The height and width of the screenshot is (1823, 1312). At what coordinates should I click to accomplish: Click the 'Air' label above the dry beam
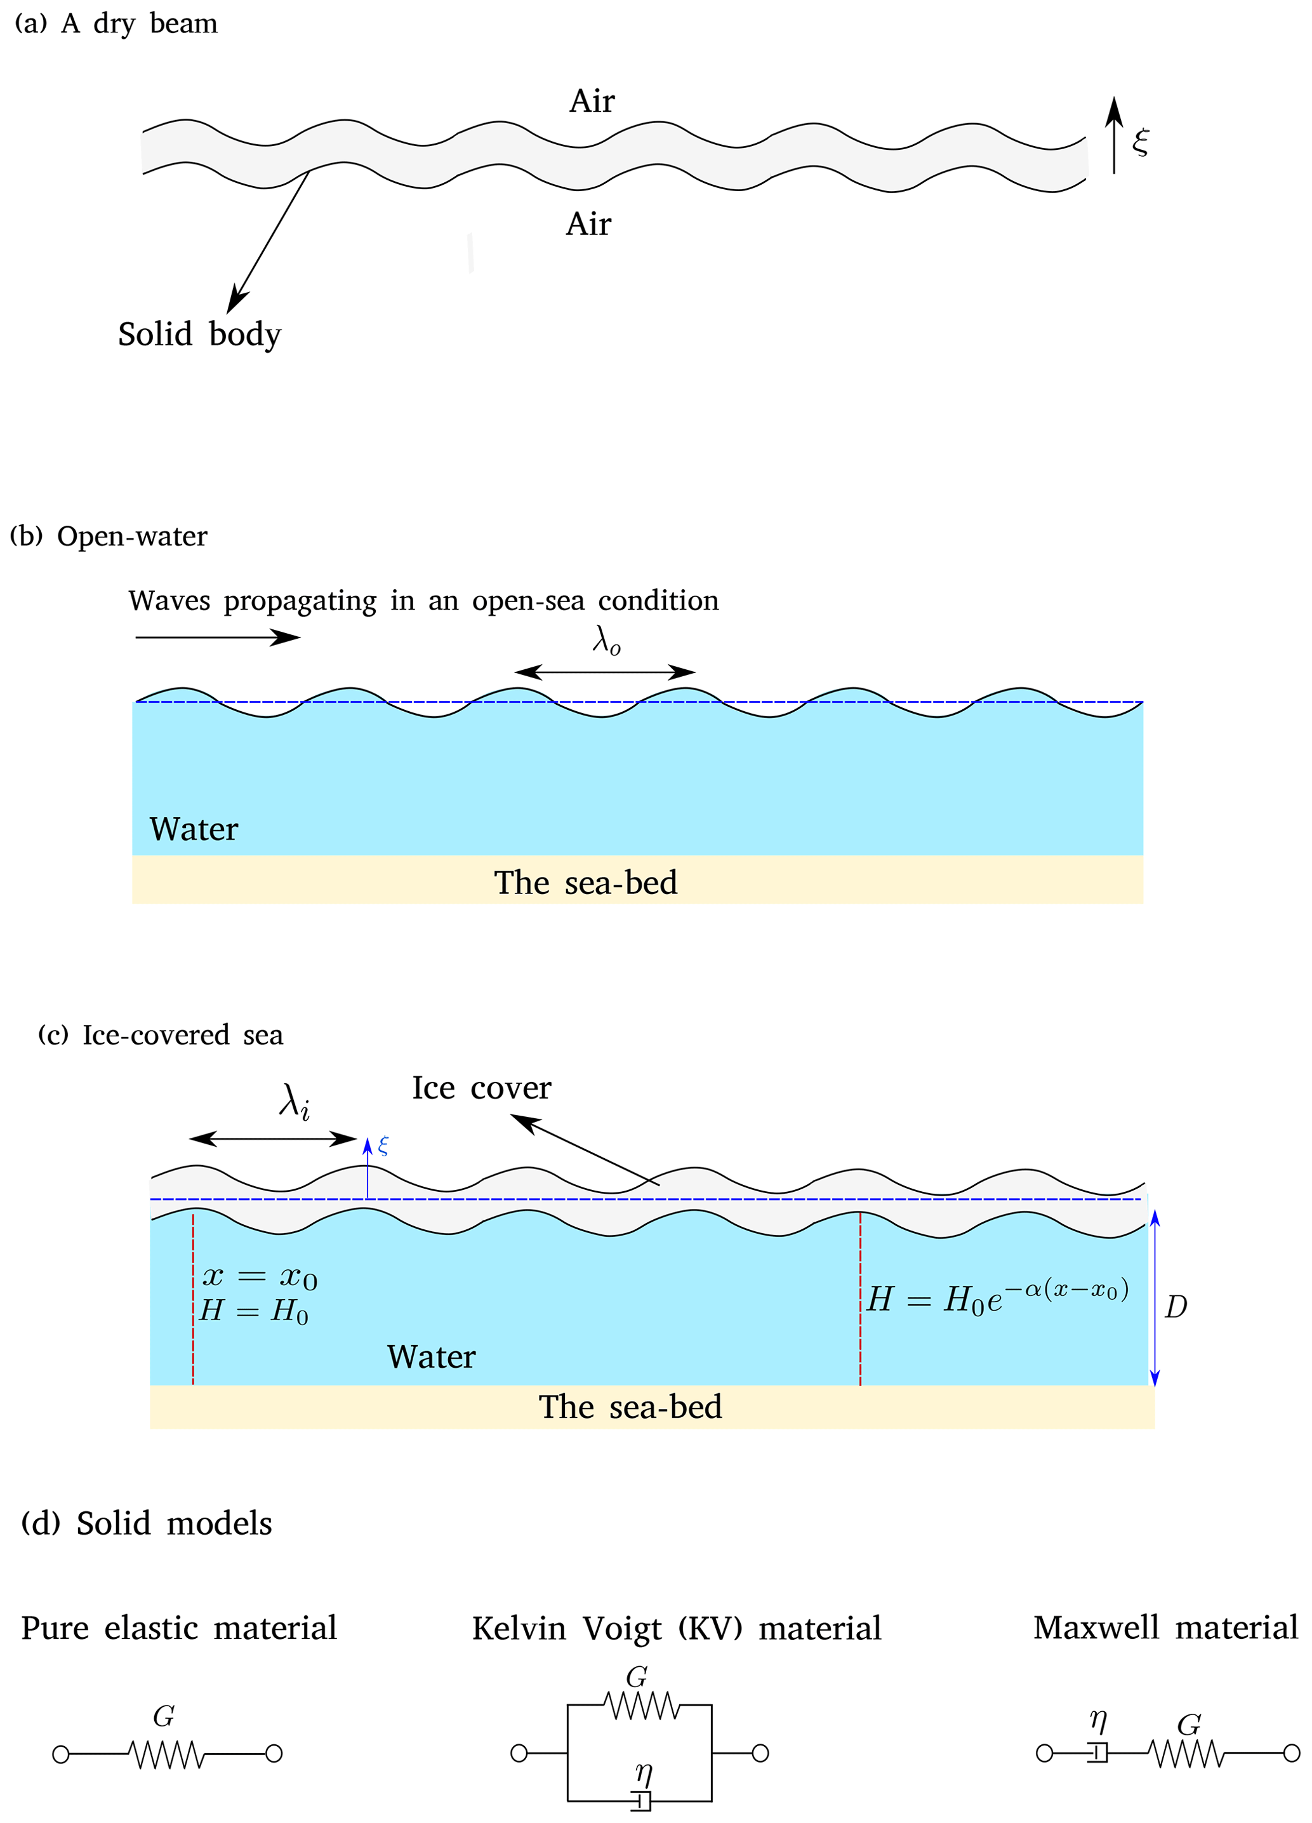click(592, 102)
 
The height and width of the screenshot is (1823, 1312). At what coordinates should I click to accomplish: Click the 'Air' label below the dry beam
click(588, 224)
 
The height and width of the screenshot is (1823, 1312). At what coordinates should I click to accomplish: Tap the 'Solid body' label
click(199, 335)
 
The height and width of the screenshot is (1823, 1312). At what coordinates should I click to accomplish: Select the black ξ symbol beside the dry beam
click(1140, 142)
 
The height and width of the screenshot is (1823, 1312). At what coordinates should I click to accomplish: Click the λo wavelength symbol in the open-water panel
click(607, 641)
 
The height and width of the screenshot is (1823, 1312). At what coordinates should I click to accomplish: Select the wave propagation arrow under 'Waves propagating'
click(217, 638)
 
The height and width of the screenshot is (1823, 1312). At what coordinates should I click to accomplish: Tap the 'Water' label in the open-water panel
click(194, 829)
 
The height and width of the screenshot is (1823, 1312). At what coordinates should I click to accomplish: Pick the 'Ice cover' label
click(481, 1088)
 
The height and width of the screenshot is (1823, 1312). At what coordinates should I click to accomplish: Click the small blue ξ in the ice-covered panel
click(383, 1145)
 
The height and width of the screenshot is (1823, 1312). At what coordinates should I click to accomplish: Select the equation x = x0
click(260, 1276)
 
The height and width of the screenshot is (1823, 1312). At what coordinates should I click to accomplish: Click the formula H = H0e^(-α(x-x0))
click(997, 1296)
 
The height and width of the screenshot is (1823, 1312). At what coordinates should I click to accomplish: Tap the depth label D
click(1176, 1308)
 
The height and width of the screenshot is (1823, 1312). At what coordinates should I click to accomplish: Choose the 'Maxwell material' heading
click(1165, 1627)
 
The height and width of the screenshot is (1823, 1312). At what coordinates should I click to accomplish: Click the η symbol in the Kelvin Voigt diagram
click(644, 1772)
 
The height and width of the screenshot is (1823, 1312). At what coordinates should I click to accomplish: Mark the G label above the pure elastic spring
click(164, 1717)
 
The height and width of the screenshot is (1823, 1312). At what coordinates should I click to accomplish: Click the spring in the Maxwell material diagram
click(1187, 1754)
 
